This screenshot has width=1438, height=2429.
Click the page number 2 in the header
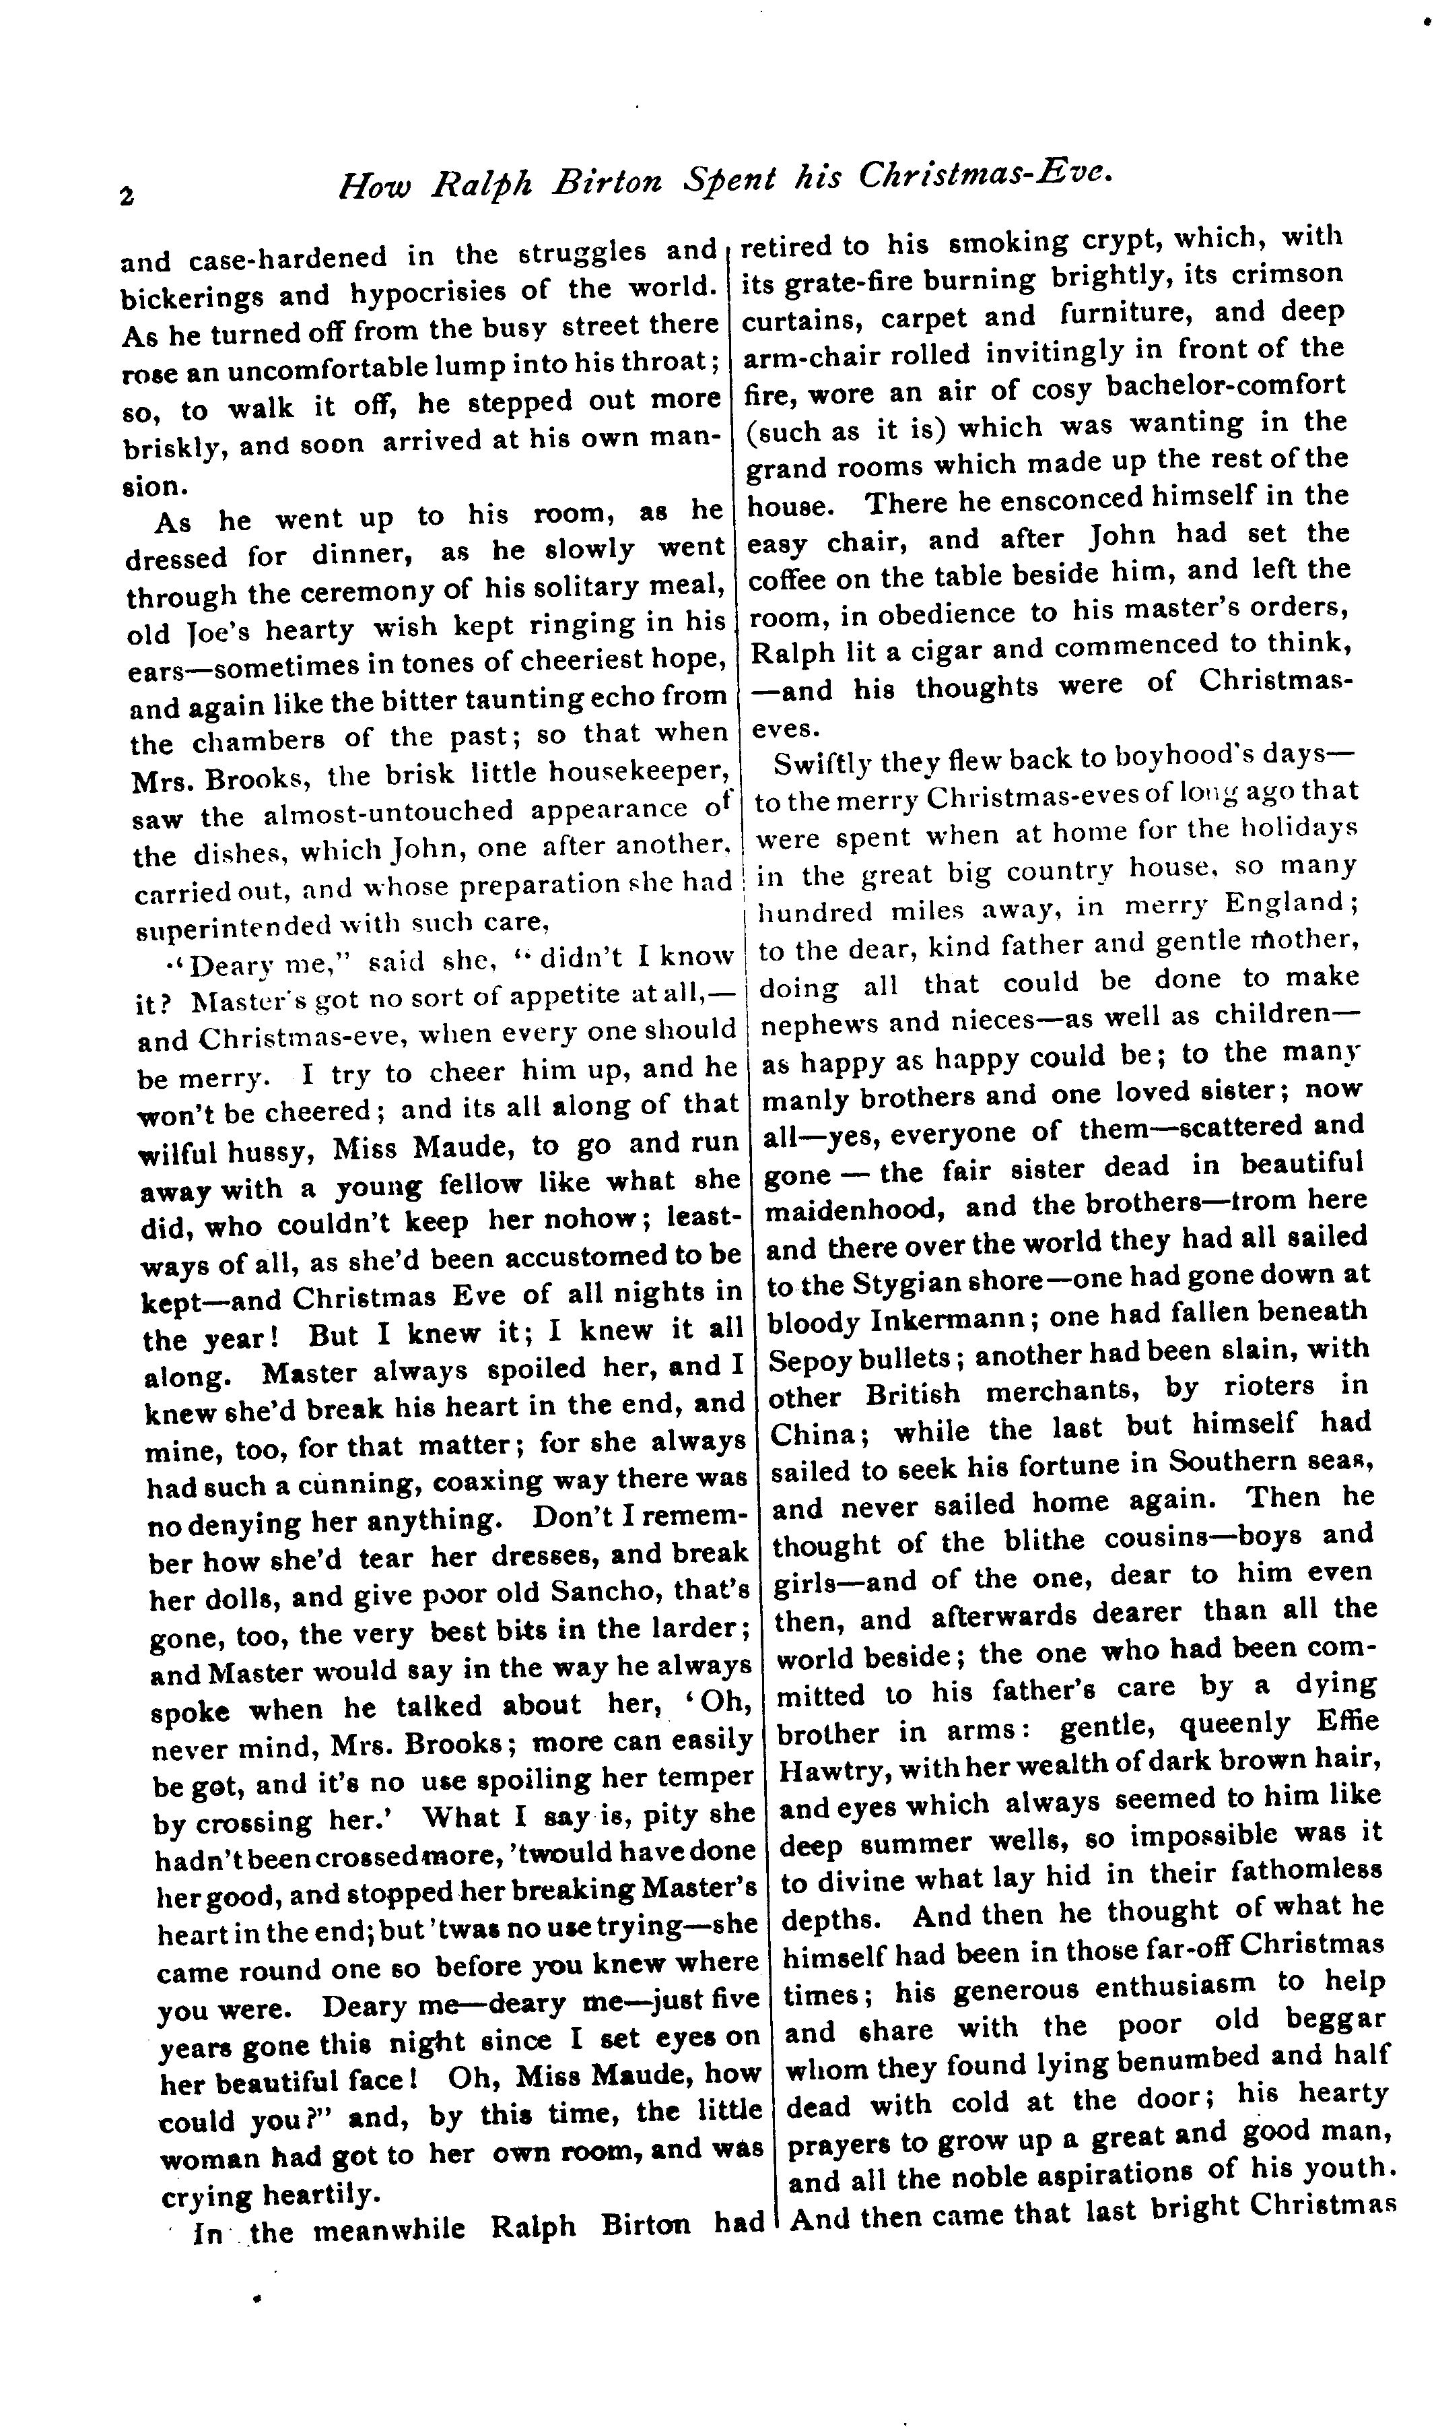[127, 194]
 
